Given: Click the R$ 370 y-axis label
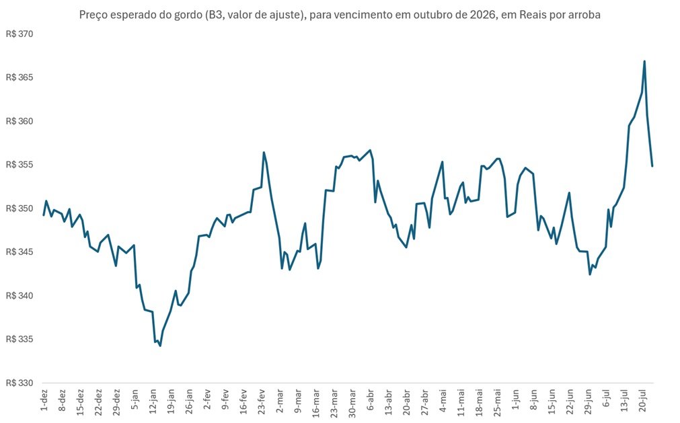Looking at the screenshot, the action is click(20, 34).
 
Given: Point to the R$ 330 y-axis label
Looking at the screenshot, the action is click(20, 383).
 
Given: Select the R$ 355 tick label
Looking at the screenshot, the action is click(20, 165).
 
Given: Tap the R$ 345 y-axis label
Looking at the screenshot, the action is click(20, 252).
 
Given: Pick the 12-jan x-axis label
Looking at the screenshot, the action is click(153, 401).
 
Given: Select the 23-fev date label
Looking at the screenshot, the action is click(262, 401).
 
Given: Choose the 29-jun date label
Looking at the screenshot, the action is click(589, 402).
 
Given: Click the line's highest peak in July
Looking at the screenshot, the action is click(644, 61).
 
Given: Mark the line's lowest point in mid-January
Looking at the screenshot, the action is click(160, 346).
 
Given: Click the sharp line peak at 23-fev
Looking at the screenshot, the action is click(264, 152).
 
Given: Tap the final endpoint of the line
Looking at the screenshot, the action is click(652, 166).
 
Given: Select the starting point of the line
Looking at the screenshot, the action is click(43, 215).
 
